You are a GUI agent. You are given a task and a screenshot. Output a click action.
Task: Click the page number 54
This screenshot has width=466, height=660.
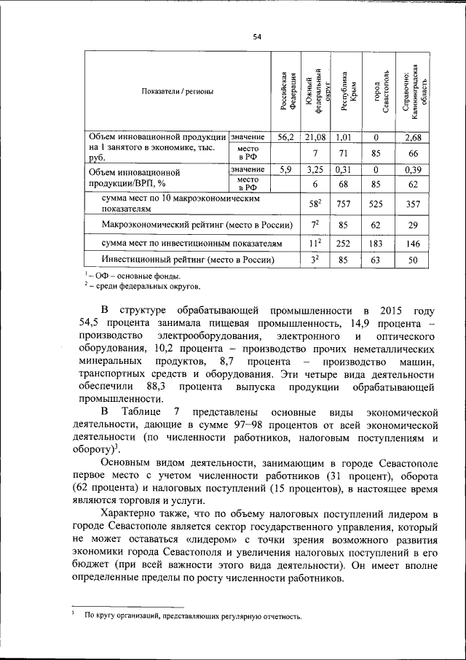(x=257, y=37)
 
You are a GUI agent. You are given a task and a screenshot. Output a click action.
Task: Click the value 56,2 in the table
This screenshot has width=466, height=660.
(x=285, y=137)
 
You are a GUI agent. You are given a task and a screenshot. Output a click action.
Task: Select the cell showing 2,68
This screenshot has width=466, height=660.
(x=413, y=137)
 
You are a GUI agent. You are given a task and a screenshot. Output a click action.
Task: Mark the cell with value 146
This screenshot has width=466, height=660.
(x=413, y=241)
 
